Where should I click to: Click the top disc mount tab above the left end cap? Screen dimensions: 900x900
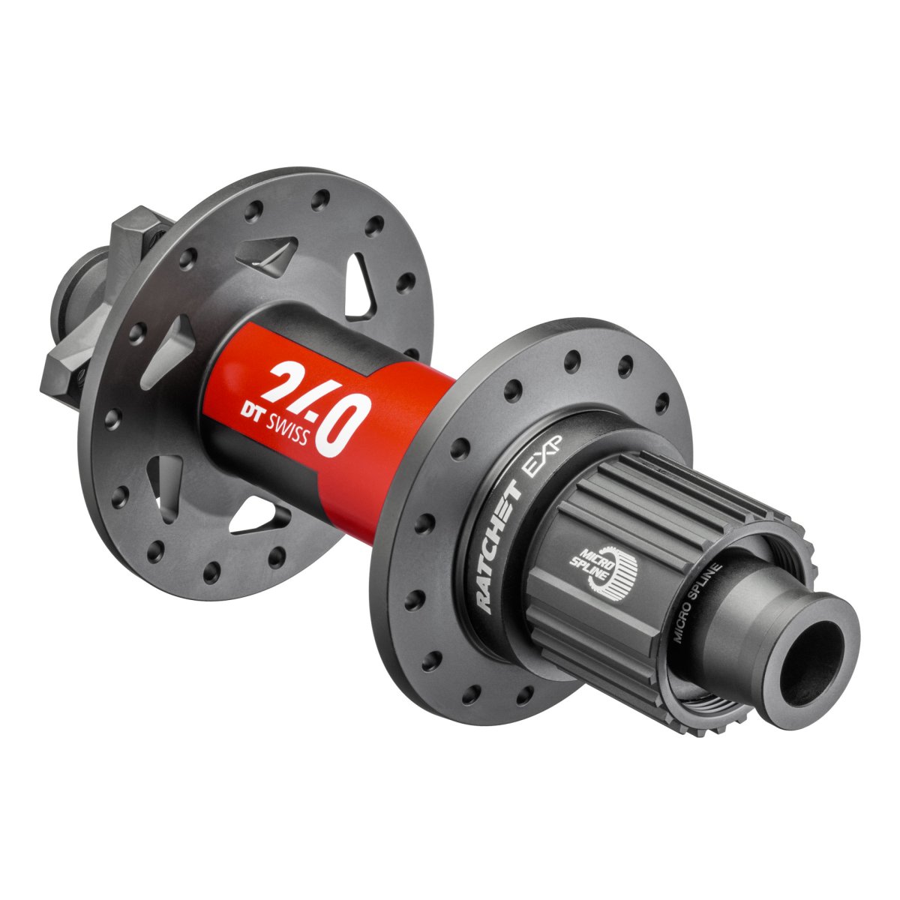(x=139, y=232)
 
